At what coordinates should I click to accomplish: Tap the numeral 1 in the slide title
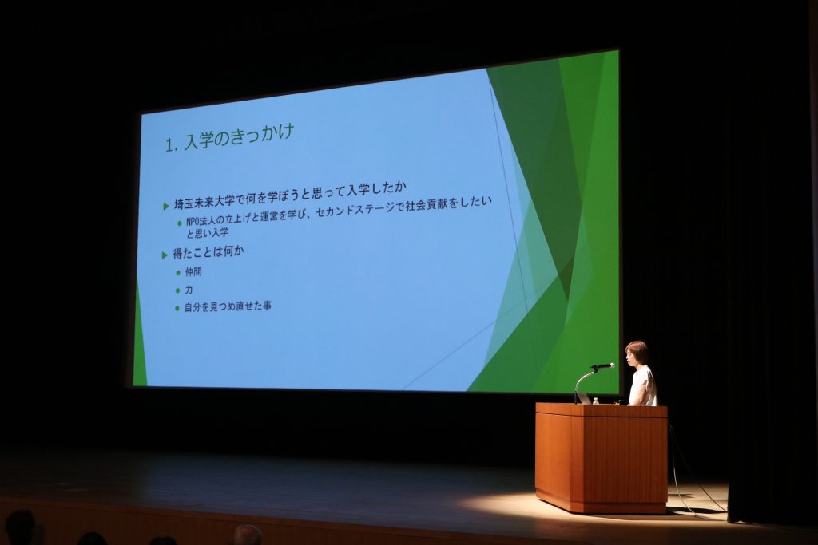(169, 145)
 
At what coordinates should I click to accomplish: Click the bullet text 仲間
(193, 271)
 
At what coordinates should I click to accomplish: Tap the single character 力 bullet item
(189, 289)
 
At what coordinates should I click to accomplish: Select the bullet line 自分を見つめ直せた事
(228, 306)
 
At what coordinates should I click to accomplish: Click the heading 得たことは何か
(208, 253)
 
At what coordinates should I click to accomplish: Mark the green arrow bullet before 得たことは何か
(165, 255)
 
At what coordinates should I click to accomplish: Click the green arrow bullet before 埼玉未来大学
(166, 207)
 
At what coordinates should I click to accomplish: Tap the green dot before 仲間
(178, 273)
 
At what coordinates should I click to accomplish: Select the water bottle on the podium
(596, 401)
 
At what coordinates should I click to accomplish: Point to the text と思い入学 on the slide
(208, 233)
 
